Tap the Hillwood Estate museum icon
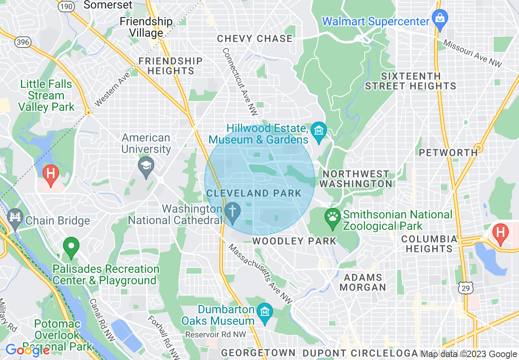318,131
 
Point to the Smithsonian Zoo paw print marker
332,216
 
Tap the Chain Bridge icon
16,216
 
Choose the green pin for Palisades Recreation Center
71,246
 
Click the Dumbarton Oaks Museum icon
265,312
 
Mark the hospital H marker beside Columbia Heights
500,233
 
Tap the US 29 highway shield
466,288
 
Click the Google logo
27,350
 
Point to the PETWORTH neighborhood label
448,153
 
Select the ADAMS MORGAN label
363,282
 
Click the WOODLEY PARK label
294,241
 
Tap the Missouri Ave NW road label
473,54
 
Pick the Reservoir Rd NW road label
216,335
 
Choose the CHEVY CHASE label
255,39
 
